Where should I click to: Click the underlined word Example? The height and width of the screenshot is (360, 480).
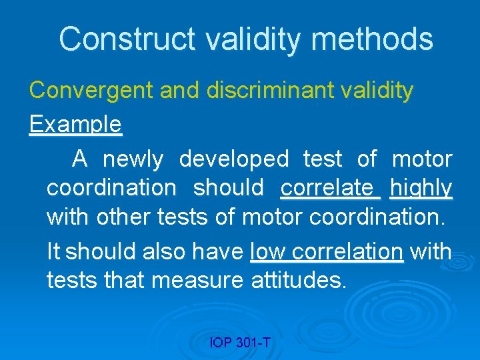pyautogui.click(x=75, y=124)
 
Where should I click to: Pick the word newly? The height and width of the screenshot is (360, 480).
pyautogui.click(x=133, y=159)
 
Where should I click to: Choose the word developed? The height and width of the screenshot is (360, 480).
pyautogui.click(x=234, y=159)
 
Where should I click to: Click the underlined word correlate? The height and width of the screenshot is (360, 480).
pyautogui.click(x=329, y=188)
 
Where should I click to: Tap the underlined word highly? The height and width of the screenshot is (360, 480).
pyautogui.click(x=421, y=188)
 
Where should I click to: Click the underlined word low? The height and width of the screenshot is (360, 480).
pyautogui.click(x=268, y=252)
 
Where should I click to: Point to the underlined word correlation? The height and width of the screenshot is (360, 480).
pyautogui.click(x=347, y=252)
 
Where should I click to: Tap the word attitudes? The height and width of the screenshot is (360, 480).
pyautogui.click(x=299, y=281)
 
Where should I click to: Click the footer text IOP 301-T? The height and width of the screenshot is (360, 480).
pyautogui.click(x=240, y=343)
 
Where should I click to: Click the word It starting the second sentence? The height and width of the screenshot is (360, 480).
pyautogui.click(x=53, y=252)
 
